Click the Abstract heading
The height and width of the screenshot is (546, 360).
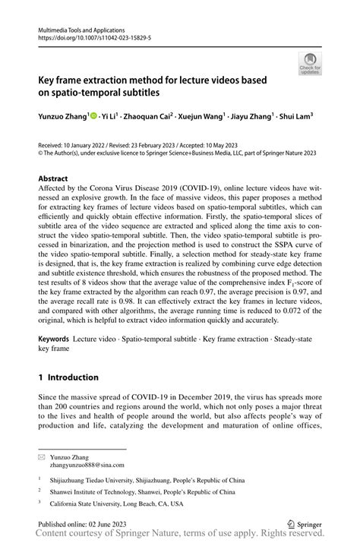click(57, 179)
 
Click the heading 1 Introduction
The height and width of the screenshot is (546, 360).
click(68, 377)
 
